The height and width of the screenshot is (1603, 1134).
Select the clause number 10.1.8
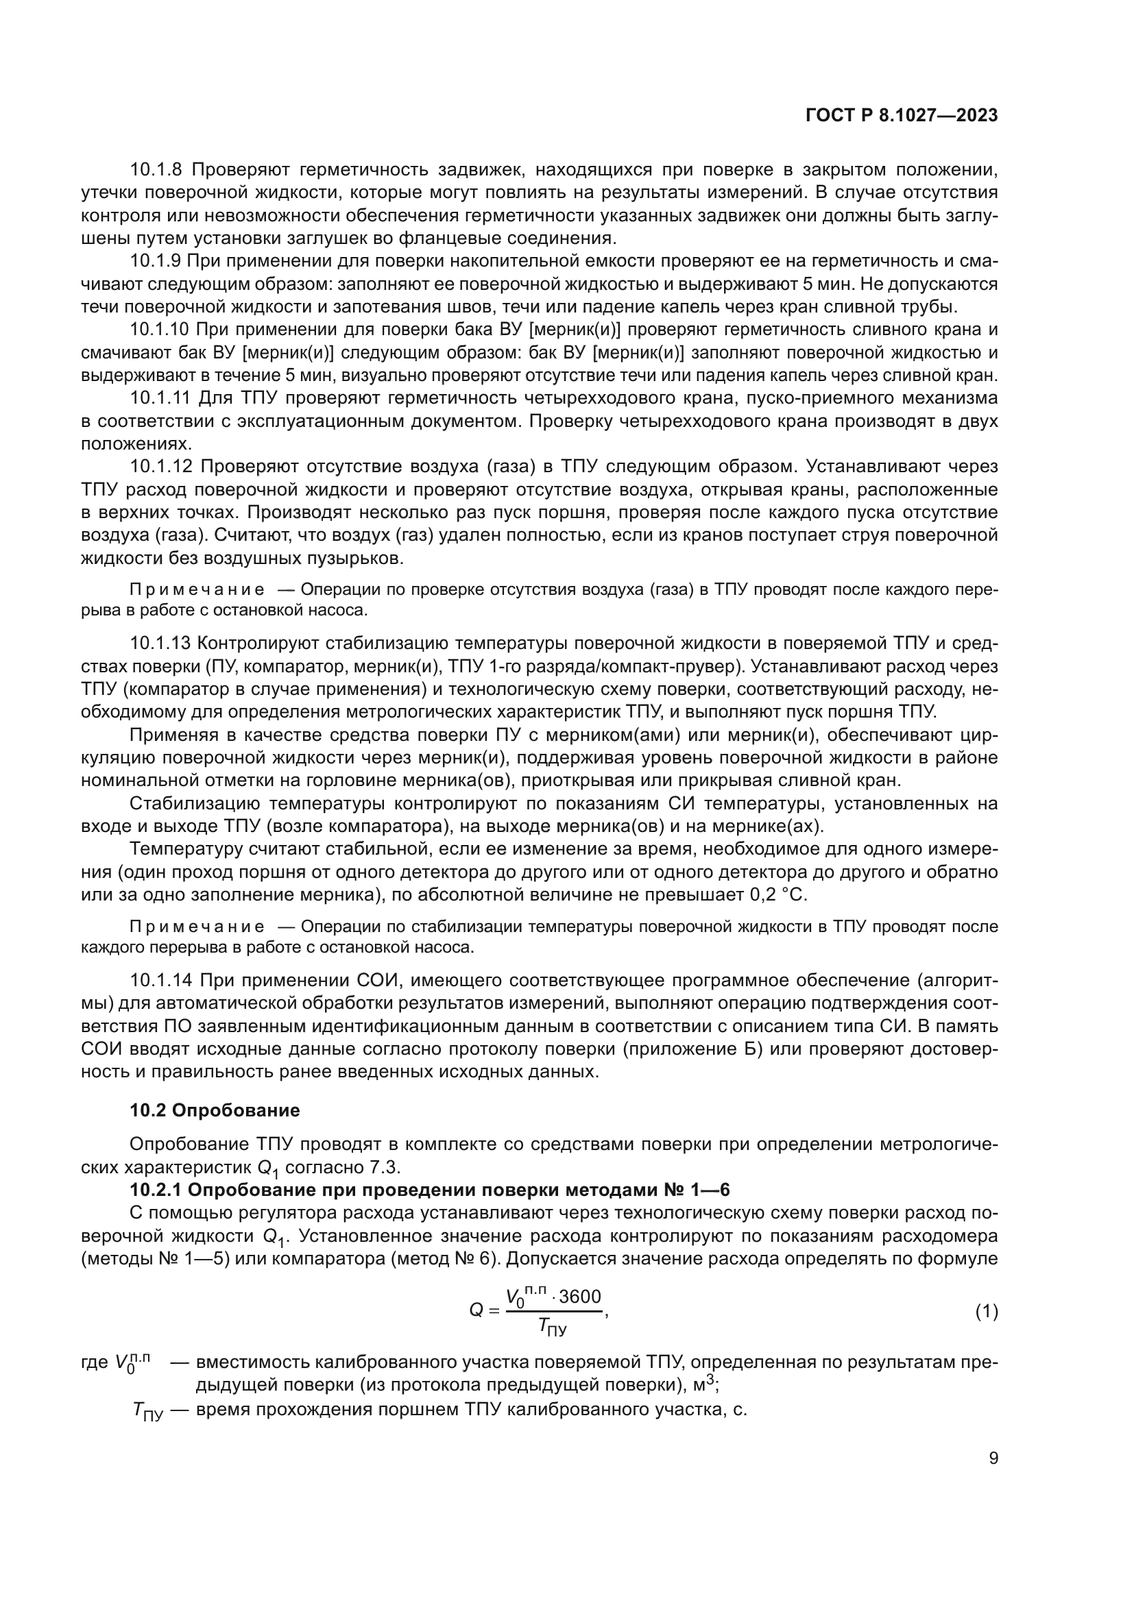(156, 170)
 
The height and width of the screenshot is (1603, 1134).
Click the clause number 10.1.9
(156, 261)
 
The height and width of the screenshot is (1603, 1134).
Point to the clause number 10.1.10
(160, 330)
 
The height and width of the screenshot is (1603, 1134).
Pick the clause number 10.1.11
(160, 399)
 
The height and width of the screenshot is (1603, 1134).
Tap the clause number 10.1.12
(160, 467)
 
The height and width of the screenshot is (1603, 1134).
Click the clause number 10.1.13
(160, 642)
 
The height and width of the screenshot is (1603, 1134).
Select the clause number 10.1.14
(160, 980)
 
